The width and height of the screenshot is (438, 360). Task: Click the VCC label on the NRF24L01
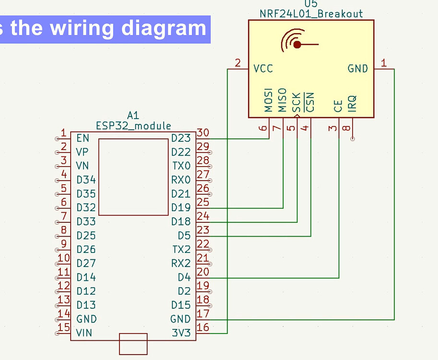(263, 69)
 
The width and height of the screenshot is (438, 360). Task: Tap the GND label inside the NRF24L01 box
(358, 69)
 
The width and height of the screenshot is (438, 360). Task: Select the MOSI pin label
(269, 99)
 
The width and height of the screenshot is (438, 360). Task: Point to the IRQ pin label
(353, 103)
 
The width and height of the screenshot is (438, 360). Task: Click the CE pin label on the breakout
(339, 106)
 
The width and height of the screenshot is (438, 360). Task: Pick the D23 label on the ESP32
(181, 139)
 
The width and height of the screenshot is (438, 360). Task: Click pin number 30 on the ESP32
(203, 132)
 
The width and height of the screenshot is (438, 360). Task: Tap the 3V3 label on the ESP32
(181, 333)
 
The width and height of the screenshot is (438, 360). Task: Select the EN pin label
(83, 139)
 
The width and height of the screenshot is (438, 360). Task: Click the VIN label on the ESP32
(84, 333)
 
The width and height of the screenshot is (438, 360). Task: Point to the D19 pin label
(181, 208)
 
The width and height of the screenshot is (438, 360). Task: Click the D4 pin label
(184, 277)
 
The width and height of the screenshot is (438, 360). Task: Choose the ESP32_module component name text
(133, 126)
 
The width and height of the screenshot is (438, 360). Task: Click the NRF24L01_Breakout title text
(311, 13)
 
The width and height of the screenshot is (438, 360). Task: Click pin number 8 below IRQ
(346, 128)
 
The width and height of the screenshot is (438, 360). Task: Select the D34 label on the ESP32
(86, 180)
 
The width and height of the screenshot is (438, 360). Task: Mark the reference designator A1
(133, 115)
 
